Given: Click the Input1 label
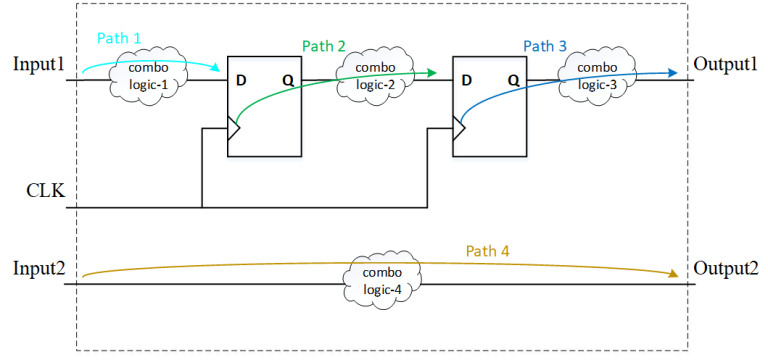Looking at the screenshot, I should coord(39,64).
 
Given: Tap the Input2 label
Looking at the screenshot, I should coord(39,269).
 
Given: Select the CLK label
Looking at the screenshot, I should coord(44,191).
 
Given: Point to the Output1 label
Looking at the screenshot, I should coord(725,64).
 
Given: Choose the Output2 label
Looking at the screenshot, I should coord(725,269).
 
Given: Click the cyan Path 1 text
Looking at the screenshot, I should coord(119,36).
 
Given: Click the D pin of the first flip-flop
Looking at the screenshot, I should coord(240,79).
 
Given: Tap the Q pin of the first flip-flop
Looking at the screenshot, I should coord(288,79).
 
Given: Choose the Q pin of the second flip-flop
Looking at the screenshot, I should coord(512,79).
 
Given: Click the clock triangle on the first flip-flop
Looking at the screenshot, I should coord(234,128).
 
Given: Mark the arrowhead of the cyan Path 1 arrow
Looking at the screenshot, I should coord(219,71).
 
